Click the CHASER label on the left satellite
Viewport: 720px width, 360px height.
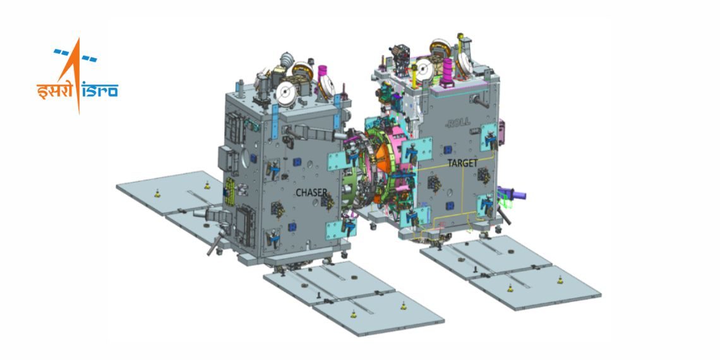pyautogui.click(x=311, y=191)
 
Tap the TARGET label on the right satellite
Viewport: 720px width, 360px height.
pyautogui.click(x=464, y=163)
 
